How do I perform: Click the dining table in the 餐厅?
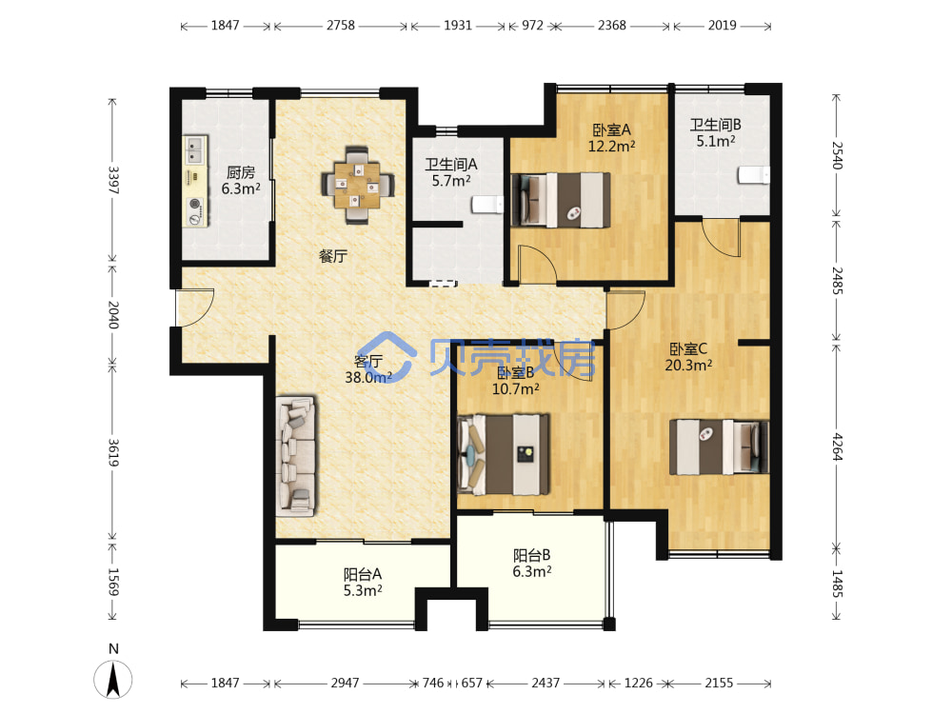(358, 185)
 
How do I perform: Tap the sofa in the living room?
(296, 457)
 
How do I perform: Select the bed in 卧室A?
(561, 200)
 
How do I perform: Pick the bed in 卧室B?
(504, 453)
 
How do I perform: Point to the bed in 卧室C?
(719, 446)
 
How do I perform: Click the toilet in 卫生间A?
(487, 204)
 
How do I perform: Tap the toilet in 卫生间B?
(753, 175)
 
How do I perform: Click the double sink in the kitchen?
(195, 150)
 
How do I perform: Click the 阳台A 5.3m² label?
(363, 583)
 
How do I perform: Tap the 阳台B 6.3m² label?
(532, 564)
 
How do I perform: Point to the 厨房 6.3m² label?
(241, 181)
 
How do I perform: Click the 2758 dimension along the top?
(341, 26)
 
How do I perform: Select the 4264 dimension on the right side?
(837, 446)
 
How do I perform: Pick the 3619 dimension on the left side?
(113, 452)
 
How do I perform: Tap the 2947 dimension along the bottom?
(345, 683)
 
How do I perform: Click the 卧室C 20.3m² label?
(688, 357)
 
